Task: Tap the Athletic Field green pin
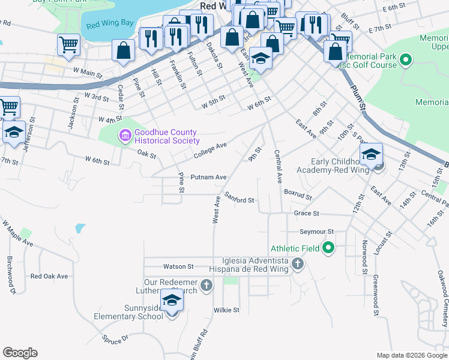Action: click(328, 247)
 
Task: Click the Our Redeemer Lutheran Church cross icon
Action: click(206, 286)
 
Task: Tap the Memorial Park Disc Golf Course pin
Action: click(406, 60)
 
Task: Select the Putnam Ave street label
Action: click(208, 177)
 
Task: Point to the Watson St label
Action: click(178, 266)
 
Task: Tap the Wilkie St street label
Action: click(226, 310)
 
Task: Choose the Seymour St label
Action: click(317, 232)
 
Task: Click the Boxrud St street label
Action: click(298, 196)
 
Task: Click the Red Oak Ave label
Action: click(49, 277)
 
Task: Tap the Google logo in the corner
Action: click(20, 353)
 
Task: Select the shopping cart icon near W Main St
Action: click(69, 44)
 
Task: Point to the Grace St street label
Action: click(306, 213)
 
